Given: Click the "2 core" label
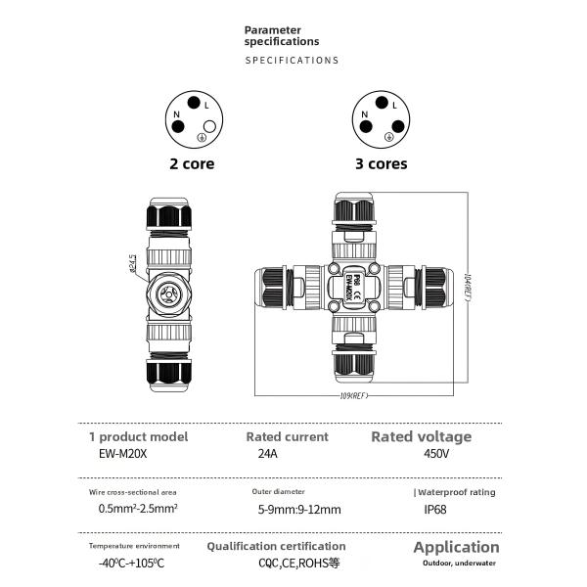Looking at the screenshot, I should [x=192, y=164].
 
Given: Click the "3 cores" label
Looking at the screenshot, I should [x=381, y=164].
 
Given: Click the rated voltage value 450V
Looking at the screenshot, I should [x=436, y=455].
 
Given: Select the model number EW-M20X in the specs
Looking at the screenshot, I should [x=115, y=455].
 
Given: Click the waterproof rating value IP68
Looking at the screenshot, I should [x=436, y=509].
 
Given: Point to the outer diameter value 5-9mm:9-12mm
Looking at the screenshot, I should [x=299, y=509].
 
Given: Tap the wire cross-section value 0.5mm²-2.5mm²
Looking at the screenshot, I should [x=137, y=509].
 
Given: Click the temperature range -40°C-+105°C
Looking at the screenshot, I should [x=131, y=564].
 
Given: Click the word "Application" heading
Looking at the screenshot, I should [x=456, y=547].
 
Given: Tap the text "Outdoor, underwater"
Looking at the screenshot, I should [x=460, y=564].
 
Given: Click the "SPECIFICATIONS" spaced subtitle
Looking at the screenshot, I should [x=292, y=61].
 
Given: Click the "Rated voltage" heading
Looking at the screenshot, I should [x=421, y=436].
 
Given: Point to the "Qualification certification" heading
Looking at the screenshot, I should [x=276, y=546].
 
